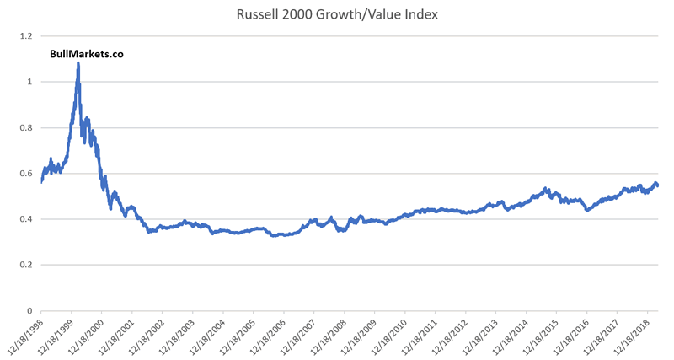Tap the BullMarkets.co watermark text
point(87,54)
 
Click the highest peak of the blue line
point(78,63)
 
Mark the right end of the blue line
point(658,185)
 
